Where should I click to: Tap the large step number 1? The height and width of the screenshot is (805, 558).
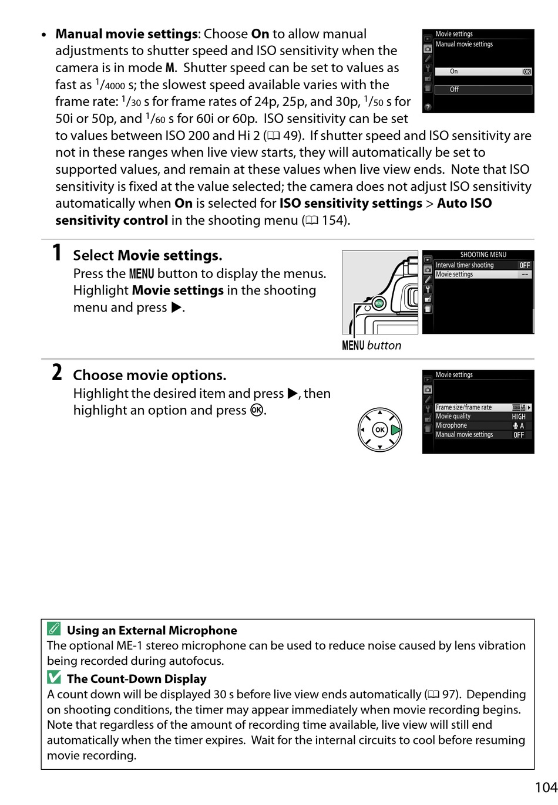point(56,253)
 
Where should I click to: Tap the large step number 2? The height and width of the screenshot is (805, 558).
point(56,373)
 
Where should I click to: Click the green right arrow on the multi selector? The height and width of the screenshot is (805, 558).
point(395,429)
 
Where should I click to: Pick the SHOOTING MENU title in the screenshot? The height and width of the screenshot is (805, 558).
point(483,255)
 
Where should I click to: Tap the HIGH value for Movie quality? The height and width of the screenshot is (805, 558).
point(519,417)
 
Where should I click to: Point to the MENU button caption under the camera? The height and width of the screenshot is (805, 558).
point(371,346)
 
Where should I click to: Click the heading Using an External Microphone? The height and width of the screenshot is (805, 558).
point(152,631)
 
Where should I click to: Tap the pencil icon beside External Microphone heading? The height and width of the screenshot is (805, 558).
point(54,630)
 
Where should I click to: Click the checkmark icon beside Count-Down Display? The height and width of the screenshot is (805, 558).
point(54,678)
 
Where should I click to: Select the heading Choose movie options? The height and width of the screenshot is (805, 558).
point(149,376)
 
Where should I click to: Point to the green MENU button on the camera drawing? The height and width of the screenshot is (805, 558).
point(379,303)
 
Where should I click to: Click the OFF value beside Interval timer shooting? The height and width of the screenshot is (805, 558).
point(525,265)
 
